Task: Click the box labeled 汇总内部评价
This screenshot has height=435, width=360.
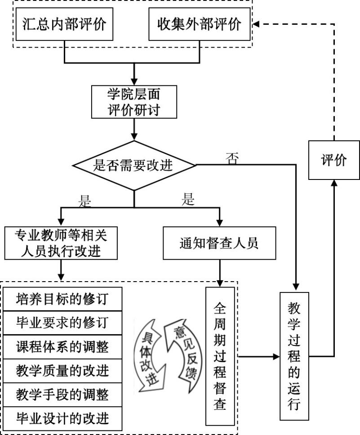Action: [65, 24]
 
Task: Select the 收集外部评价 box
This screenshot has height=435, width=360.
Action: [200, 24]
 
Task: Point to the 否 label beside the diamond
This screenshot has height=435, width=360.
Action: [232, 158]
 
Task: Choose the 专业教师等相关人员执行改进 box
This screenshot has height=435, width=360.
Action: [61, 243]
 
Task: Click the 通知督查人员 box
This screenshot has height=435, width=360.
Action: [219, 243]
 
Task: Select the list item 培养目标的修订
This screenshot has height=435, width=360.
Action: [62, 299]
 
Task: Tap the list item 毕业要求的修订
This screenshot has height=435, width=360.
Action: [62, 323]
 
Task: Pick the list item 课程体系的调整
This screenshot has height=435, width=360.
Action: [62, 346]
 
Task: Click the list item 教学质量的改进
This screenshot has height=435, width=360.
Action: [62, 371]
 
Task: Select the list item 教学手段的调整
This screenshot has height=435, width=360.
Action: [62, 395]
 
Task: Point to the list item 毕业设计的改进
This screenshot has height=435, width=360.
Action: [62, 418]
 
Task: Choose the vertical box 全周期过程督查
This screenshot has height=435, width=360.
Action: [220, 356]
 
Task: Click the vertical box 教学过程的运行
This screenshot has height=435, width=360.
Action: [294, 356]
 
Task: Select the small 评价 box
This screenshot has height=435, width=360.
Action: [334, 160]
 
